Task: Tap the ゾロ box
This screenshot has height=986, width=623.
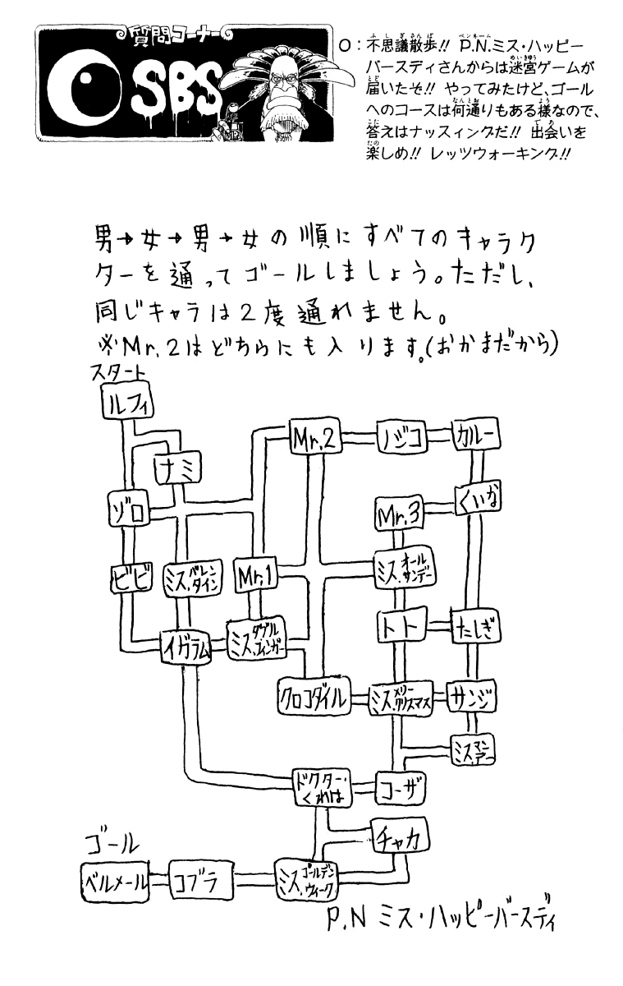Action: pos(129,510)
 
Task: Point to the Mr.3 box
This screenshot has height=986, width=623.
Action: pos(399,515)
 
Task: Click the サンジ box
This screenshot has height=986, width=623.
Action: pos(470,698)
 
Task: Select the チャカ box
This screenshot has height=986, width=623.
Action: pos(400,836)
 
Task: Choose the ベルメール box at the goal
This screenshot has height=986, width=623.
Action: pos(116,882)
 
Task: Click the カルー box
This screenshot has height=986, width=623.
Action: pos(475,438)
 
